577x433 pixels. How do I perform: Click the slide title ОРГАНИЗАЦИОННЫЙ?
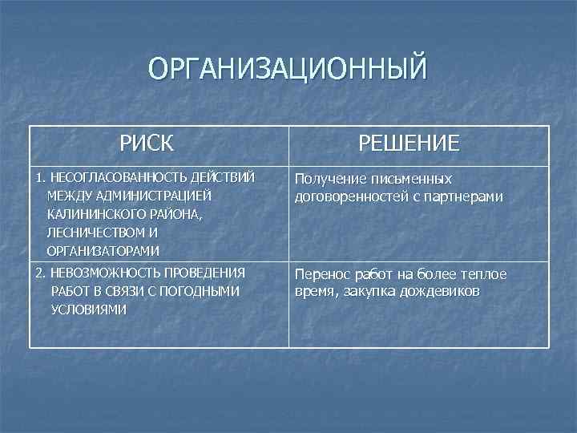click(x=288, y=70)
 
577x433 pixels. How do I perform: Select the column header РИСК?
click(x=147, y=144)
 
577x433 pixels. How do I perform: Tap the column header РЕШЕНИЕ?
click(x=409, y=144)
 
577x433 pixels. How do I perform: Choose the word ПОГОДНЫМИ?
click(x=205, y=291)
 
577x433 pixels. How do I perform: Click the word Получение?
click(x=332, y=179)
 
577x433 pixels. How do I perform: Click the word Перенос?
click(x=323, y=274)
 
